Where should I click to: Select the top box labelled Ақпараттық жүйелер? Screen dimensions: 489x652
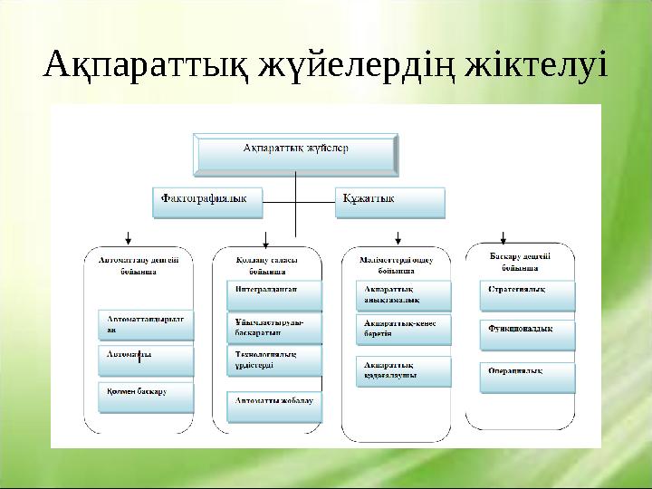(296, 154)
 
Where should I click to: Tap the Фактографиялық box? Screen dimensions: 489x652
(207, 202)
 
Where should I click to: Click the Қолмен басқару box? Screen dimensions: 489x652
(145, 396)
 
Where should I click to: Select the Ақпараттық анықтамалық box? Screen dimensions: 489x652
(398, 294)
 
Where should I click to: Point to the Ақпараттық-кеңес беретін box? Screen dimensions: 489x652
(398, 329)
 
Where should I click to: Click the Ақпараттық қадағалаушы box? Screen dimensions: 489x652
(398, 369)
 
